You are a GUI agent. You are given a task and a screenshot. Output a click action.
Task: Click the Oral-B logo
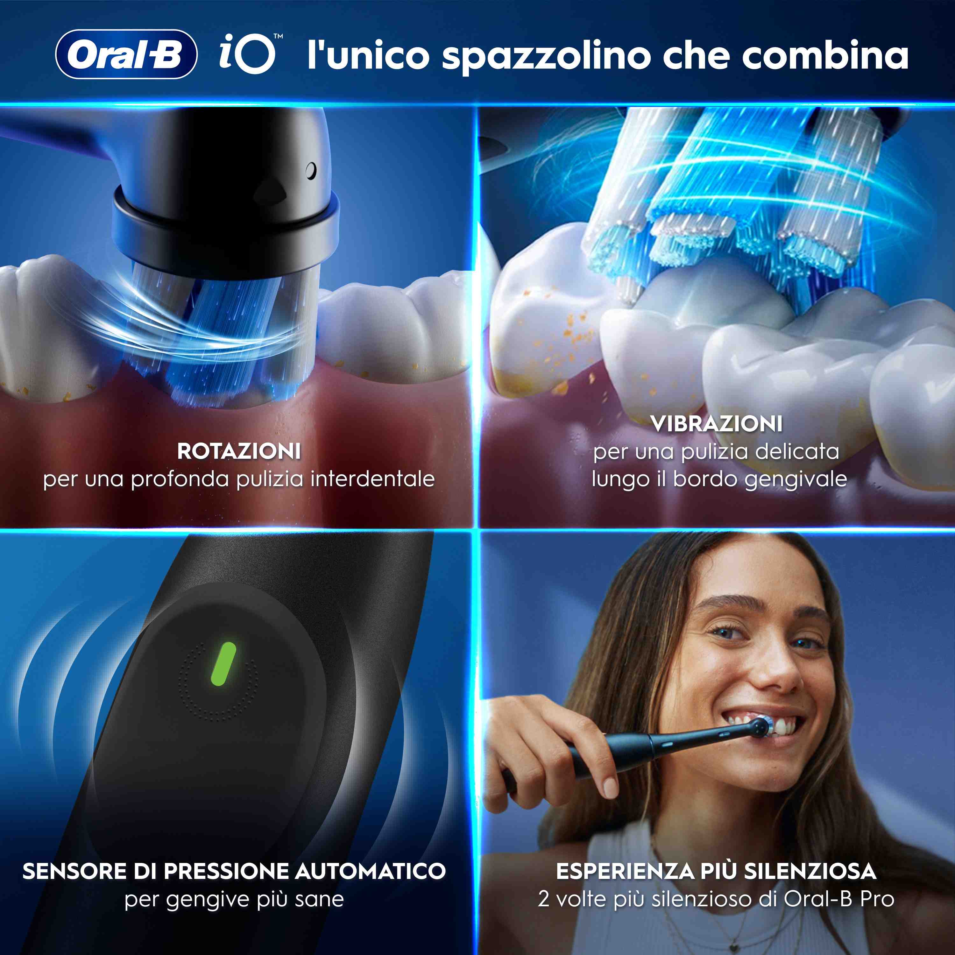(x=126, y=54)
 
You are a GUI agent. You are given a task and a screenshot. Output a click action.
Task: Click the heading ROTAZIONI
(x=239, y=451)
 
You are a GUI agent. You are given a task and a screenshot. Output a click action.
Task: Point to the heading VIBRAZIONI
(x=716, y=424)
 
